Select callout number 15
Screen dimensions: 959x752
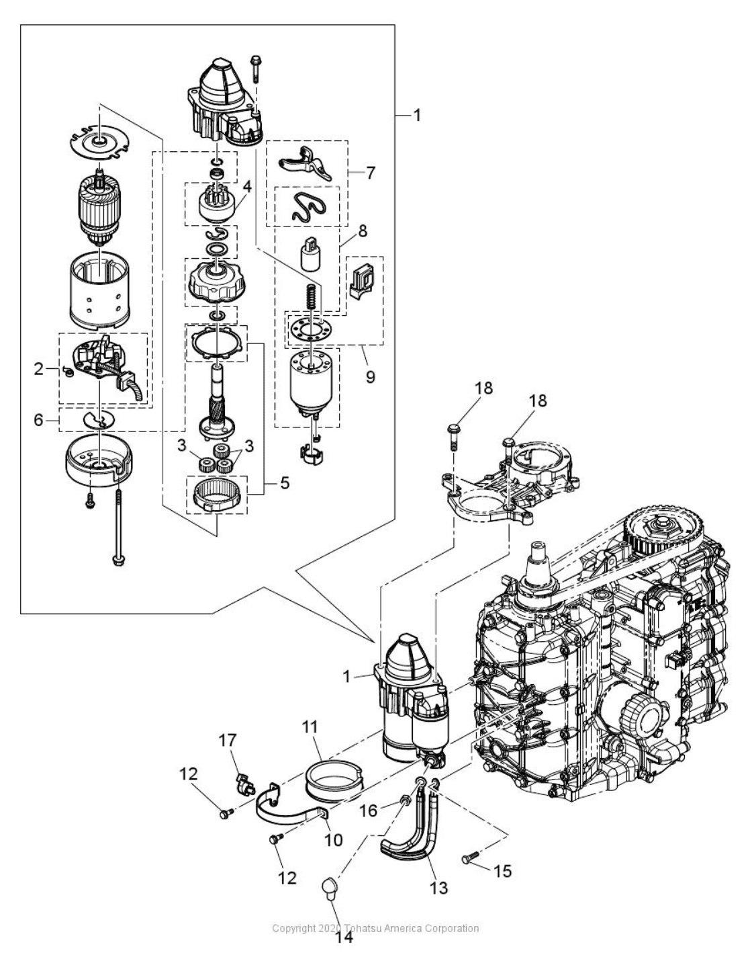(502, 871)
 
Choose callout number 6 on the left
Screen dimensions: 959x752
(39, 419)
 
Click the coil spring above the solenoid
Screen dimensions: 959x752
(312, 296)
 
